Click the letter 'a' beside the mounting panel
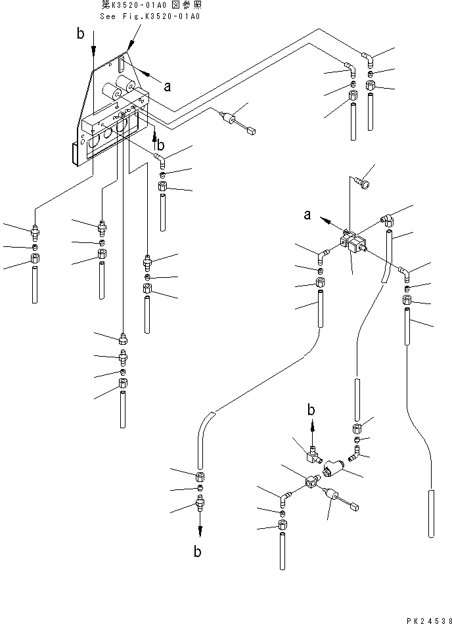pyautogui.click(x=168, y=85)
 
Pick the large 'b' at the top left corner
pyautogui.click(x=80, y=34)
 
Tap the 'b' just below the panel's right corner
pyautogui.click(x=161, y=146)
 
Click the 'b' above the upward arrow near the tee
pyautogui.click(x=312, y=410)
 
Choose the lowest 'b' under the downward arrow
pyautogui.click(x=198, y=551)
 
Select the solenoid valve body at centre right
pyautogui.click(x=351, y=244)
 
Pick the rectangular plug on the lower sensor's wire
pyautogui.click(x=355, y=506)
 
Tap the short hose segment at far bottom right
pyautogui.click(x=430, y=513)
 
